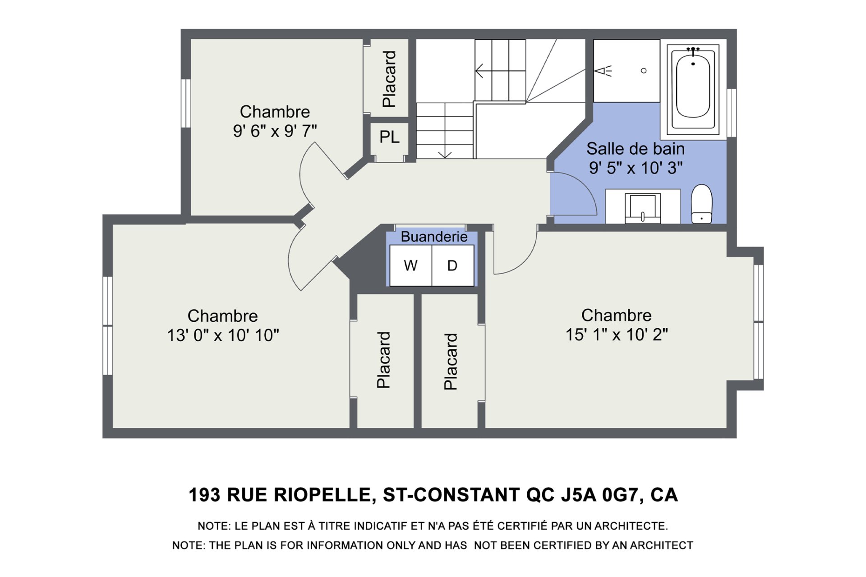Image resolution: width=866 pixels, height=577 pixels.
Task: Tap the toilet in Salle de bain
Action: click(701, 204)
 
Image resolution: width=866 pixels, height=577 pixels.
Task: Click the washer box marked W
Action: click(410, 266)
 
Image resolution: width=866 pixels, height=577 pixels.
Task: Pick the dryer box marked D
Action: click(453, 266)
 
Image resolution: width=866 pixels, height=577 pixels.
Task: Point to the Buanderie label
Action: click(434, 237)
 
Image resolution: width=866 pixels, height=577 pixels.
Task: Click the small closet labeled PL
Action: click(389, 137)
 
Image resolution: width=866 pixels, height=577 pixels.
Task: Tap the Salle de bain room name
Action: click(636, 149)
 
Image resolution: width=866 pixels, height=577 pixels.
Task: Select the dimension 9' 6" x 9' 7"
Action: click(275, 131)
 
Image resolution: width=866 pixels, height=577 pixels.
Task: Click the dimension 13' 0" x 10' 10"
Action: click(223, 335)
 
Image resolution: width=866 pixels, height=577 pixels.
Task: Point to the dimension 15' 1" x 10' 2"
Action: click(617, 334)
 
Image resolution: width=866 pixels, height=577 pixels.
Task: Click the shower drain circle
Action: click(644, 71)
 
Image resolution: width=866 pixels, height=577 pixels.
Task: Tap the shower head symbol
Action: click(603, 71)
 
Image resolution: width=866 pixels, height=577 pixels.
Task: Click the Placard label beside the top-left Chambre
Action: click(389, 79)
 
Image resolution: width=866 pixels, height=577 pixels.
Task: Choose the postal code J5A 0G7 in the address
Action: click(600, 495)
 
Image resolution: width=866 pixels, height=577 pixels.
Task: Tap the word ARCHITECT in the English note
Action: click(661, 545)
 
